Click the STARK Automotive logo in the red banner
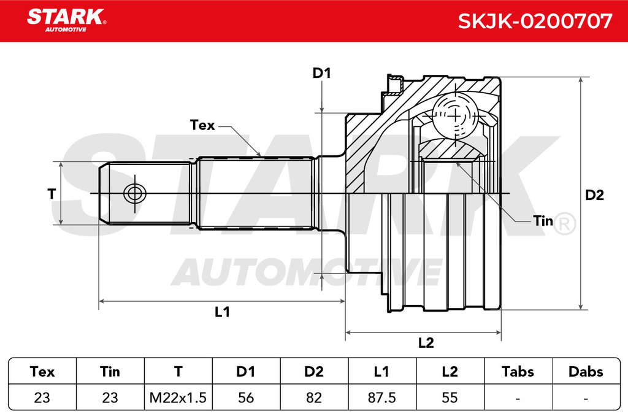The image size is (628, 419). coord(66,20)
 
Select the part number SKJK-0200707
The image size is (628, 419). coord(535,21)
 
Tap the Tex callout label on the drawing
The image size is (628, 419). coord(202,125)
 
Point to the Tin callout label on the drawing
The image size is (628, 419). coord(543,221)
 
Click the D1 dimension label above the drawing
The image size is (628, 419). coord(321,73)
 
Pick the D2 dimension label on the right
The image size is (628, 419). coord(594,195)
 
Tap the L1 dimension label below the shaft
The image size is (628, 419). coord(222,312)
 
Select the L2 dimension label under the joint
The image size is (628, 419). coord(426,342)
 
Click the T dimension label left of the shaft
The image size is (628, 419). coord(52,194)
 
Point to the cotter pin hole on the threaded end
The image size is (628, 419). coord(134,194)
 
